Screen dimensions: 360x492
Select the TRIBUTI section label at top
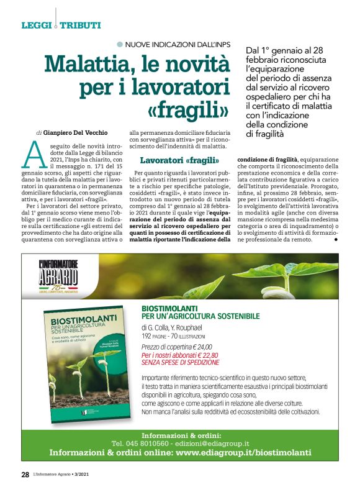(x=81, y=25)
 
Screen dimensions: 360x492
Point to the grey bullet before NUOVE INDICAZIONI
(x=120, y=44)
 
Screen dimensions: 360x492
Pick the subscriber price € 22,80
(x=197, y=355)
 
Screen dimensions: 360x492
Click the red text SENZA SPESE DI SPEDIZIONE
(x=180, y=363)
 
